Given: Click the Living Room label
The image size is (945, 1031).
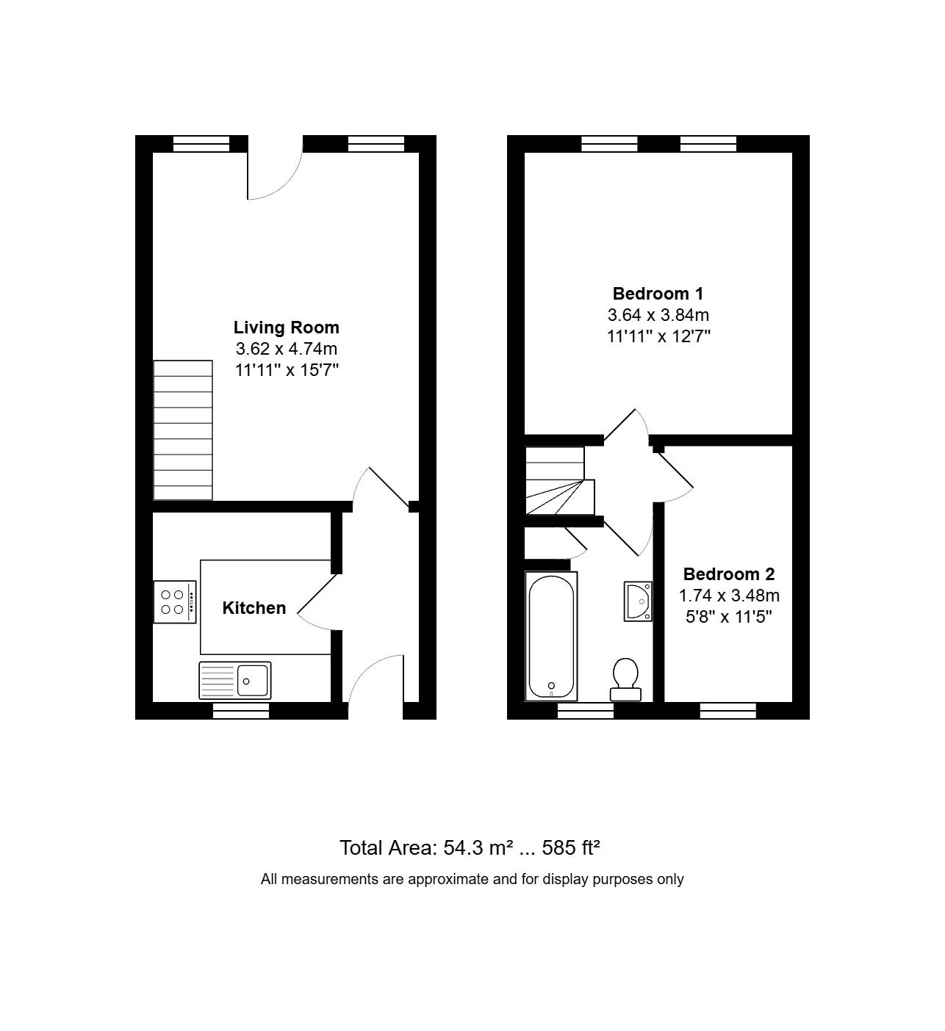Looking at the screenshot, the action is pos(286,328).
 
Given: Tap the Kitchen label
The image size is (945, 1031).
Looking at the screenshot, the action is pos(254,608).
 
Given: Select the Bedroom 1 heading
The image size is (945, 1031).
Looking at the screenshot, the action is pos(658,294).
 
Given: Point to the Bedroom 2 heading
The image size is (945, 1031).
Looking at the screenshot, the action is pos(728,574).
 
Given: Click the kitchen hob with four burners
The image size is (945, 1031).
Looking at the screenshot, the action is pos(175,602).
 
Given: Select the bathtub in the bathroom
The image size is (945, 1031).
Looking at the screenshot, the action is pos(551,636).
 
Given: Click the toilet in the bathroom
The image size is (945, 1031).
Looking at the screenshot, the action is pos(625,679).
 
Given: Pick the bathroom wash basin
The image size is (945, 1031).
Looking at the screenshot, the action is pos(638,601).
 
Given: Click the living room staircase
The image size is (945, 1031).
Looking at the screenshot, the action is pos(183,430).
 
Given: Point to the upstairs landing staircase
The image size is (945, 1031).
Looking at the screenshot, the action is pos(560,480).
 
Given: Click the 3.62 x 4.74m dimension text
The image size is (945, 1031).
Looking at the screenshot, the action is pos(287,349).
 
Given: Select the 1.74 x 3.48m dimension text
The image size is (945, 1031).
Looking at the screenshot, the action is pos(729,595).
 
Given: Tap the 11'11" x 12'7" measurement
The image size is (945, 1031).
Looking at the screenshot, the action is pos(658,336).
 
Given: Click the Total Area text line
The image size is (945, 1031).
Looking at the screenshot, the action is pos(470,847).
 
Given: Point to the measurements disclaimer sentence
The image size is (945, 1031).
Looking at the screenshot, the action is pos(472,879).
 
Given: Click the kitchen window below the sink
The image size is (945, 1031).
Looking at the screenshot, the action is pos(241,710).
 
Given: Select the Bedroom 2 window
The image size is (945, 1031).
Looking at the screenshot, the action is pos(728,710).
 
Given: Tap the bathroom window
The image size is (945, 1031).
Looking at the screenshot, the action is pos(586,710).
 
